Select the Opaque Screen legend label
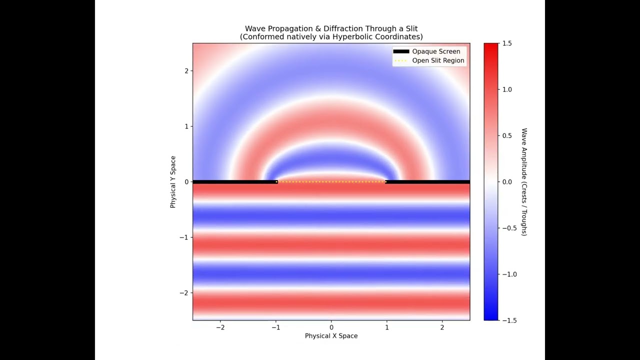(436, 51)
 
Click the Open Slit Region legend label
(438, 60)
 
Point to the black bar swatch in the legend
(401, 51)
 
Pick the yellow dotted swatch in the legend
(401, 60)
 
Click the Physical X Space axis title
(331, 335)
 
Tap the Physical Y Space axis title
(173, 182)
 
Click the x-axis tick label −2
(220, 327)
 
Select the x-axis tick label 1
(387, 327)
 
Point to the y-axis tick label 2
(186, 71)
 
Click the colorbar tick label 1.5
(507, 43)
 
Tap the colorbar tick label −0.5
(509, 228)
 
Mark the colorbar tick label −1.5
(509, 320)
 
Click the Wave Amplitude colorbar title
(524, 182)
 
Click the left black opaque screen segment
(235, 182)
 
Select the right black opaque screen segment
(427, 182)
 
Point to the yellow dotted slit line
(331, 181)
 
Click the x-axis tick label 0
(331, 327)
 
